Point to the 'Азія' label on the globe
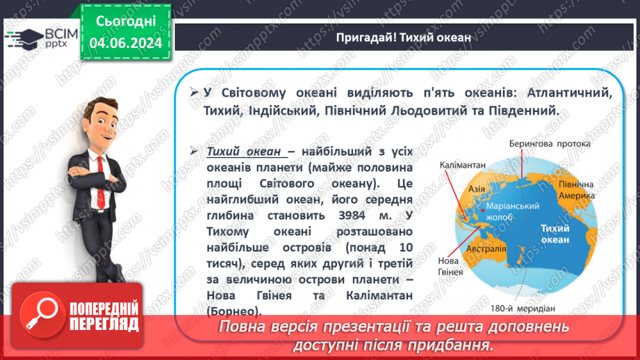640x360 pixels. coord(477,188)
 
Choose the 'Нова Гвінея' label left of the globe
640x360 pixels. coord(451,265)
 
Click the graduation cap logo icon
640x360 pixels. coord(23,38)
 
